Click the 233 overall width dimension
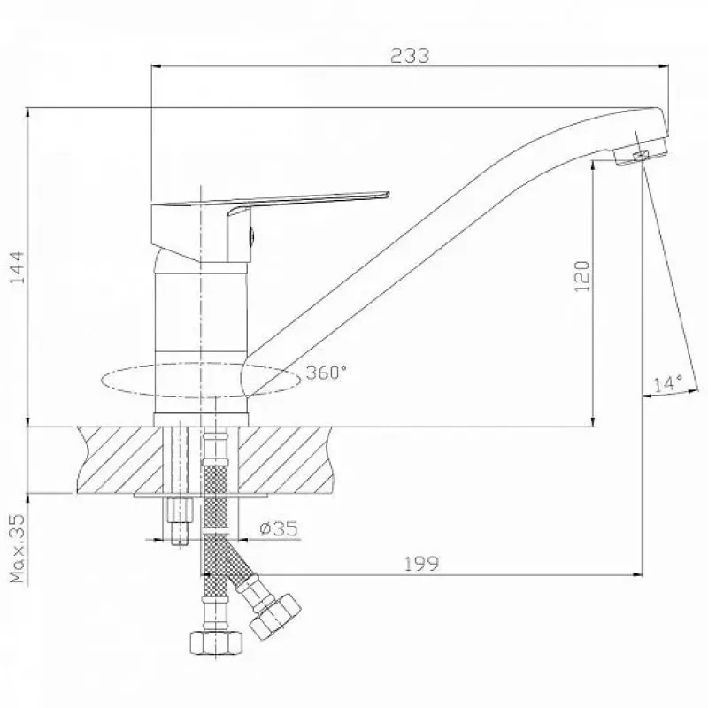[410, 56]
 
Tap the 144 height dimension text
[17, 267]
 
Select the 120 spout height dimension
[582, 276]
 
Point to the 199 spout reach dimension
[421, 564]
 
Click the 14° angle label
[668, 383]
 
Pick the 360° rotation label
[326, 373]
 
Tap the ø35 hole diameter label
[279, 528]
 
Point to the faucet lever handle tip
[387, 195]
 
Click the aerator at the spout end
[640, 156]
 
